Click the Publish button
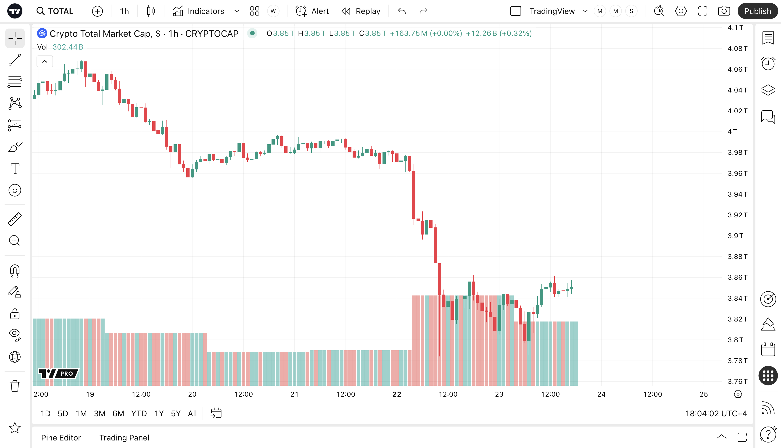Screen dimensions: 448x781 (757, 11)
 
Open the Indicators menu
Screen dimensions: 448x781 (198, 11)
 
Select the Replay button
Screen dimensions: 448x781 (361, 11)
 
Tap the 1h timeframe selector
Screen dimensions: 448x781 (124, 11)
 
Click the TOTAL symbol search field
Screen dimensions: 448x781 (55, 11)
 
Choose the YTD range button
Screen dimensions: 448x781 (139, 413)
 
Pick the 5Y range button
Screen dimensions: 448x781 (175, 413)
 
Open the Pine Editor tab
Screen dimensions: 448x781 (61, 437)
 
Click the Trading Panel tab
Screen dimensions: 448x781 (124, 437)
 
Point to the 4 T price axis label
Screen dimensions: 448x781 (732, 132)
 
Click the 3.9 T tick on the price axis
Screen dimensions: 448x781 (735, 236)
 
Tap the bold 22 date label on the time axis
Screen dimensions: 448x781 (397, 394)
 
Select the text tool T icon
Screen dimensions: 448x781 (15, 168)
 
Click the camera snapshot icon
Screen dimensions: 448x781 (724, 11)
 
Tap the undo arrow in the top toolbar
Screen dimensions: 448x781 (402, 11)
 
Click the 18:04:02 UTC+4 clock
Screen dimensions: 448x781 (716, 413)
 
